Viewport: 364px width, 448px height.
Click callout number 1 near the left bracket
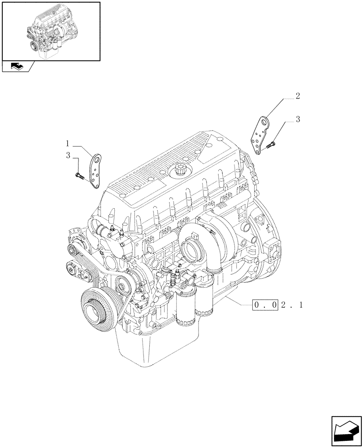tap(67, 144)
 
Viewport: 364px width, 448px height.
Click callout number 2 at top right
tap(297, 96)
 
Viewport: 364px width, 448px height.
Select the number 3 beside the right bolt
tap(297, 120)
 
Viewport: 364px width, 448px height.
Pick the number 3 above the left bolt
tap(68, 156)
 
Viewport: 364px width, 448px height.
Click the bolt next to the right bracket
tap(271, 144)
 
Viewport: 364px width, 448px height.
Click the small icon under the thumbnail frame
tap(17, 67)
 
